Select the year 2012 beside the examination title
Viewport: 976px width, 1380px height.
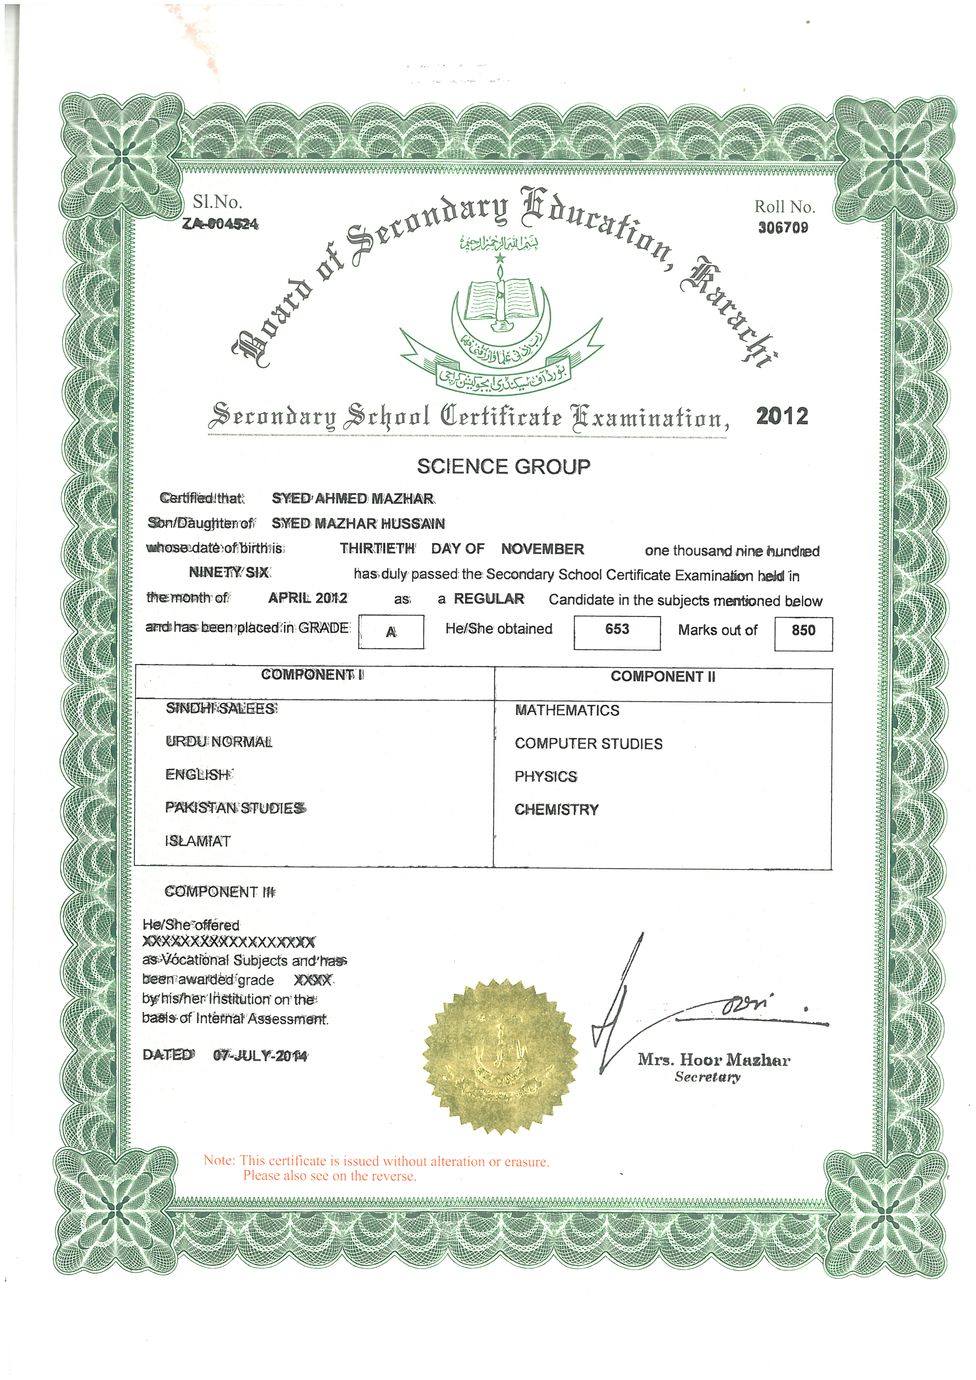[x=782, y=416]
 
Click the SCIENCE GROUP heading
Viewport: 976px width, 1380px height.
[x=504, y=466]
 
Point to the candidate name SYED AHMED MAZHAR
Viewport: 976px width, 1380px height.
[x=353, y=498]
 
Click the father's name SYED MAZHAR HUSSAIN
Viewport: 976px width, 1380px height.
[x=358, y=523]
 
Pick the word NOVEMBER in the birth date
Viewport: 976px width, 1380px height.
[x=542, y=549]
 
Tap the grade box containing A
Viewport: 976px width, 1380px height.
[x=391, y=632]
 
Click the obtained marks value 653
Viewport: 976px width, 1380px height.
[x=617, y=629]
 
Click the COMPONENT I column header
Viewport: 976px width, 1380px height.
[x=312, y=675]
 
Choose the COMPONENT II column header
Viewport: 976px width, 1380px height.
[x=663, y=677]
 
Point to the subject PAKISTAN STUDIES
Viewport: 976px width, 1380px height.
[x=235, y=808]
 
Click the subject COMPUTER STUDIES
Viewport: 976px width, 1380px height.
[x=588, y=743]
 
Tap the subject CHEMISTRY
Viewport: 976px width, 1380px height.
[x=556, y=809]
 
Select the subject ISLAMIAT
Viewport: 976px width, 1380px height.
[x=198, y=841]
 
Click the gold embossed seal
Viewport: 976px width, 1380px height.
[x=500, y=1056]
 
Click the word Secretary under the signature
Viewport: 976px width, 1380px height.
[x=707, y=1077]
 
